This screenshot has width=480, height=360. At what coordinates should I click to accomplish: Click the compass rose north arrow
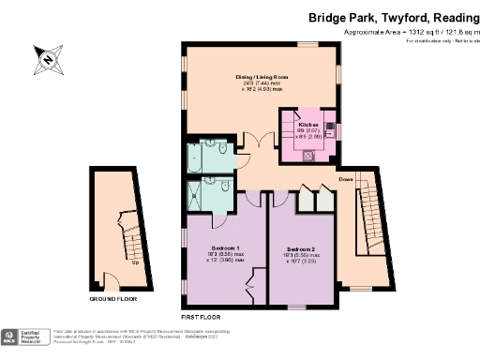47,59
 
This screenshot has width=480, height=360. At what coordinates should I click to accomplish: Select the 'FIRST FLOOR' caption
203,317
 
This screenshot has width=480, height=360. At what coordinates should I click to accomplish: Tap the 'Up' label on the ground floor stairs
136,262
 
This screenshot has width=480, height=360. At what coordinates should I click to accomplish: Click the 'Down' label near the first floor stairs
346,178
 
